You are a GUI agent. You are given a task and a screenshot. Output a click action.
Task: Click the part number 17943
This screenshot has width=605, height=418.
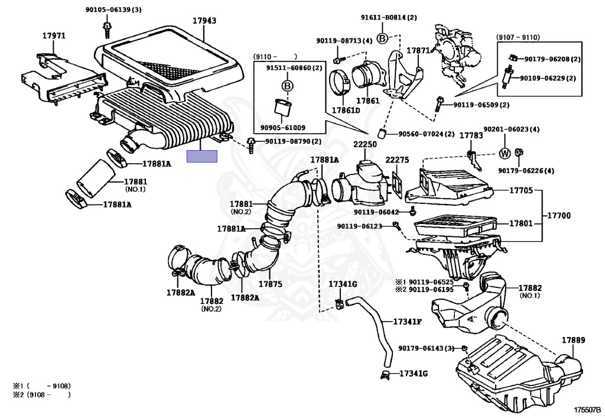click(204, 21)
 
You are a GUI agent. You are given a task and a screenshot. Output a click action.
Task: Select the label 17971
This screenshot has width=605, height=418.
click(53, 35)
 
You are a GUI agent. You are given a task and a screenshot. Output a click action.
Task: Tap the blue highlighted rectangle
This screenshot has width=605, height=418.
click(202, 157)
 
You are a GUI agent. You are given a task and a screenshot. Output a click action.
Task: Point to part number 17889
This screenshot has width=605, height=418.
click(573, 340)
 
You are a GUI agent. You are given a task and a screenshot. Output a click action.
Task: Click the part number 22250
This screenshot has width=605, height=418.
click(365, 144)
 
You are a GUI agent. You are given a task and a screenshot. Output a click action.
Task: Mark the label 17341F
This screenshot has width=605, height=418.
click(408, 322)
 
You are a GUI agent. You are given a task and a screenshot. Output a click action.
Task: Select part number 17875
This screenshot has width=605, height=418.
click(270, 284)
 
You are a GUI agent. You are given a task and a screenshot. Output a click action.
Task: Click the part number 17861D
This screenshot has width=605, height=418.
click(346, 110)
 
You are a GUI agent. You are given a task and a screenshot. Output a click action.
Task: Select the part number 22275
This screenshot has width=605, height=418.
click(397, 160)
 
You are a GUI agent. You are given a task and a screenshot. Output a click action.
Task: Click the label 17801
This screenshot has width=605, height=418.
click(521, 224)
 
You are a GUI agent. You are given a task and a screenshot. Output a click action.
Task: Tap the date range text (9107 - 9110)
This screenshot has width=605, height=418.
click(518, 37)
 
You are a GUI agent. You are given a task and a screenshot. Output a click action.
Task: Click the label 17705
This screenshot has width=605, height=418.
click(521, 190)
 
